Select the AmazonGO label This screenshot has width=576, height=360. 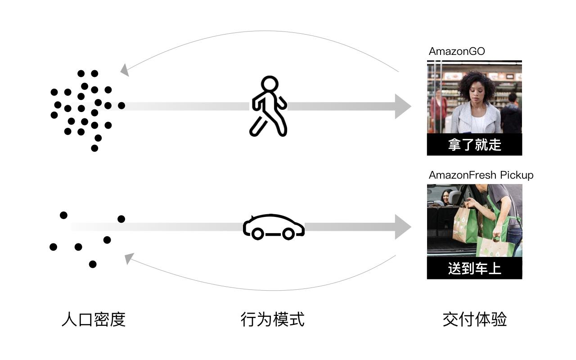[457, 51]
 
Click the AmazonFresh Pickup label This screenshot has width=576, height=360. [481, 175]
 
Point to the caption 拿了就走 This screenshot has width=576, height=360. [474, 144]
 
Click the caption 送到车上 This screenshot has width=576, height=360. [474, 269]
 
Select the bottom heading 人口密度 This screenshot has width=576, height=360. [94, 319]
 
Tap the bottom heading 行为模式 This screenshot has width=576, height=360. [273, 319]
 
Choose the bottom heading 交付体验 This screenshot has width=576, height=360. [475, 319]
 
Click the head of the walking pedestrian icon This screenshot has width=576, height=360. [270, 84]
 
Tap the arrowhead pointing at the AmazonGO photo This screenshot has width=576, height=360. [403, 107]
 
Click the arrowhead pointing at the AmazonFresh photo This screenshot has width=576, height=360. [403, 227]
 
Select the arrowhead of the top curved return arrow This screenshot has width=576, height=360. [125, 70]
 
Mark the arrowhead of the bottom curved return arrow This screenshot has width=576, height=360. [129, 258]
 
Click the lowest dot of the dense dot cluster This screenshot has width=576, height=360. [94, 148]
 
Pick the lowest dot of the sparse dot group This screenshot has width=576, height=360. [93, 264]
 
